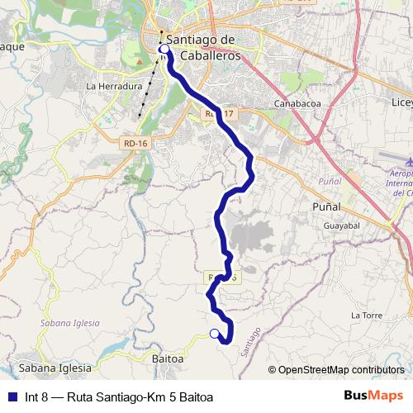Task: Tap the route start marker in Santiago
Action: point(164,50)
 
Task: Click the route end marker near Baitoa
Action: point(215,334)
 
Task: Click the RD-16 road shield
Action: point(134,143)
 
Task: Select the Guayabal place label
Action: point(342,225)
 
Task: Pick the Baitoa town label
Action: point(167,359)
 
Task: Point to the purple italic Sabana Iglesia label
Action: point(69,323)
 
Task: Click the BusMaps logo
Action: point(374,396)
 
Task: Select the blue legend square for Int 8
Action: point(11,397)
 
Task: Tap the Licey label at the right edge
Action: point(401,102)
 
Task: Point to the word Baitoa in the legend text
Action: point(195,397)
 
